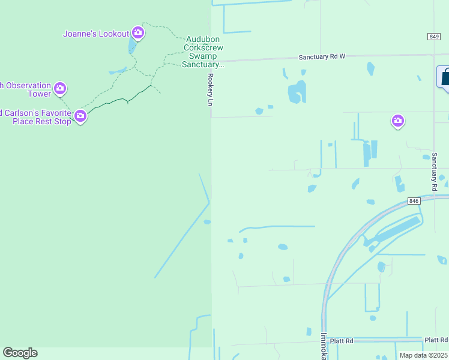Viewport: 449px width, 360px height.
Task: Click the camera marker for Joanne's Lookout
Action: (x=138, y=32)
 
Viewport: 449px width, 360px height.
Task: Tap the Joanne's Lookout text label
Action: (x=96, y=34)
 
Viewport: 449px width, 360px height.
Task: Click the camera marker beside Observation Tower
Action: (x=59, y=89)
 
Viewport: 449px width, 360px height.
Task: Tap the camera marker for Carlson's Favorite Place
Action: (x=80, y=116)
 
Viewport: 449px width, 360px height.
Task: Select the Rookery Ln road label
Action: (x=210, y=90)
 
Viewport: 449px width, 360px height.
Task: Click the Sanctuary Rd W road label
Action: (x=323, y=57)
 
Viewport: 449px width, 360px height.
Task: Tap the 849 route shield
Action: (x=435, y=37)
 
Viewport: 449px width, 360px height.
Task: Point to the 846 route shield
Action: (x=413, y=200)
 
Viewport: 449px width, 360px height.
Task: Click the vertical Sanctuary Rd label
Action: (x=434, y=171)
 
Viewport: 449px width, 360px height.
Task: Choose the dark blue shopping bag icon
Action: (x=445, y=78)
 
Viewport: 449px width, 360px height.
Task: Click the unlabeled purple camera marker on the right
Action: (x=397, y=121)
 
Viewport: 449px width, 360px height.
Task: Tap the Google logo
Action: (x=20, y=353)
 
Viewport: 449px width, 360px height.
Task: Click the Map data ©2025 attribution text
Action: (x=423, y=355)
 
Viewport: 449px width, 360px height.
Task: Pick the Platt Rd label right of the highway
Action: (x=436, y=340)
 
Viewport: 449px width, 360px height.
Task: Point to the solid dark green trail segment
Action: (x=120, y=99)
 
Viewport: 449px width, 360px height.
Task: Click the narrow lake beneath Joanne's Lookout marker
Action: (x=132, y=46)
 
